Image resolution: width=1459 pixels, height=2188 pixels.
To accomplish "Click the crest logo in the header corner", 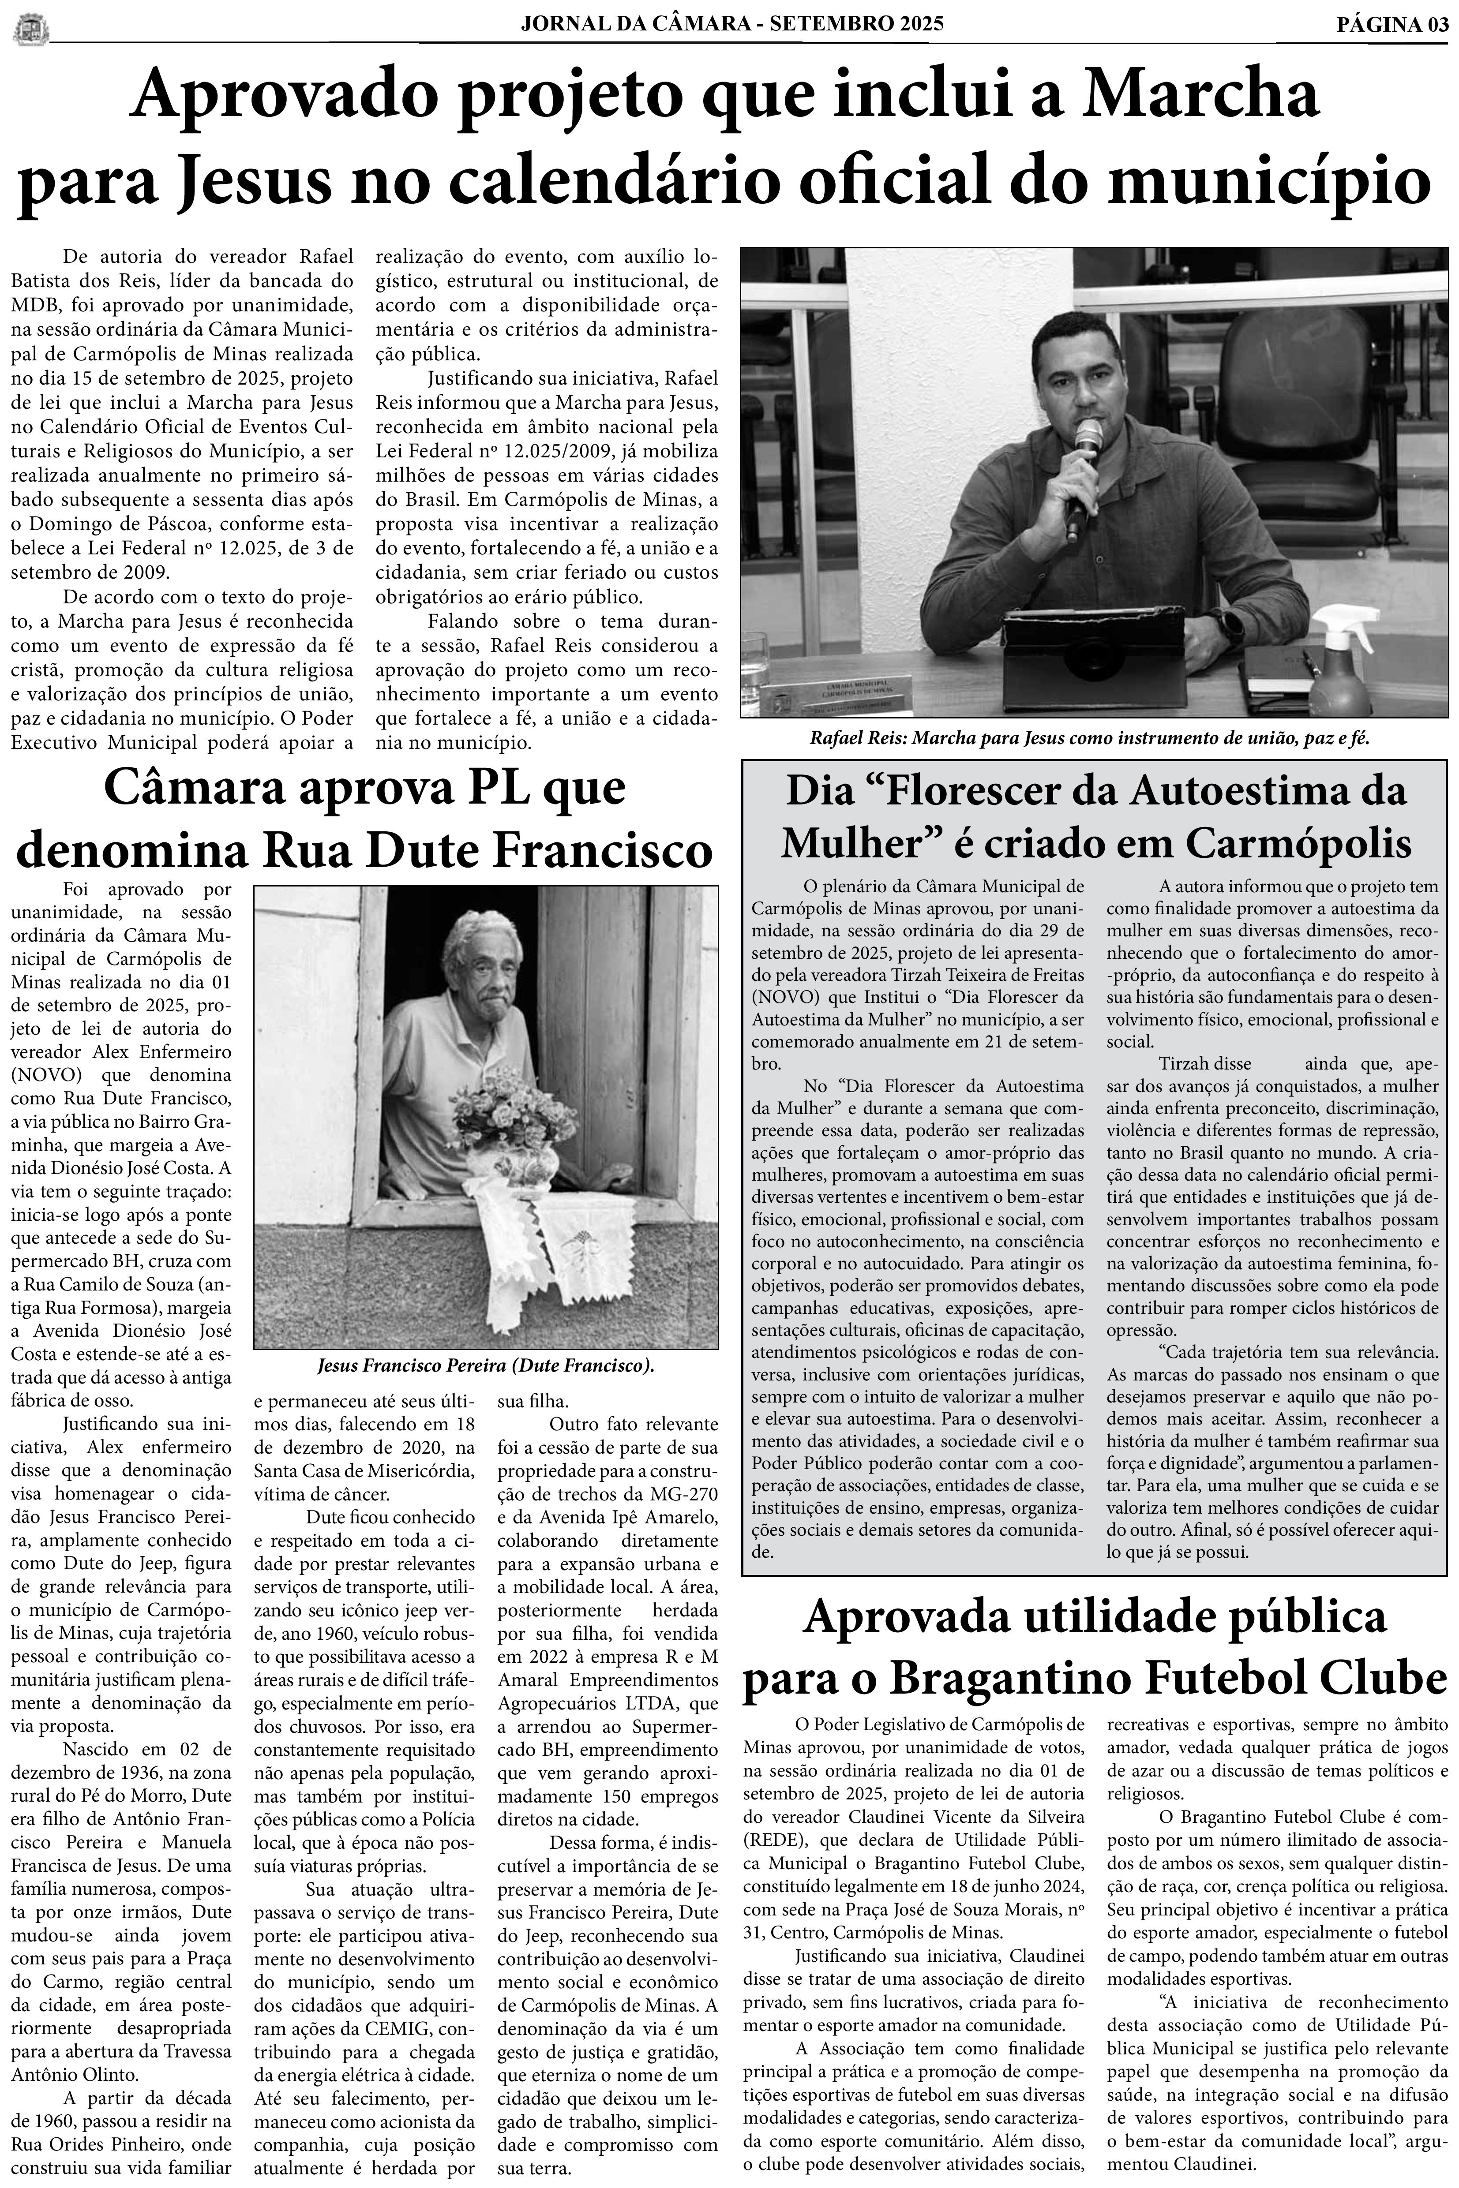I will pos(31,28).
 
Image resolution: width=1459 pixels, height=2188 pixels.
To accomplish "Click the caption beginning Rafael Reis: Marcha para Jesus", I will pos(1090,739).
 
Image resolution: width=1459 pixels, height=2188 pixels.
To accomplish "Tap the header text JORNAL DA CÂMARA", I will pos(634,25).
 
